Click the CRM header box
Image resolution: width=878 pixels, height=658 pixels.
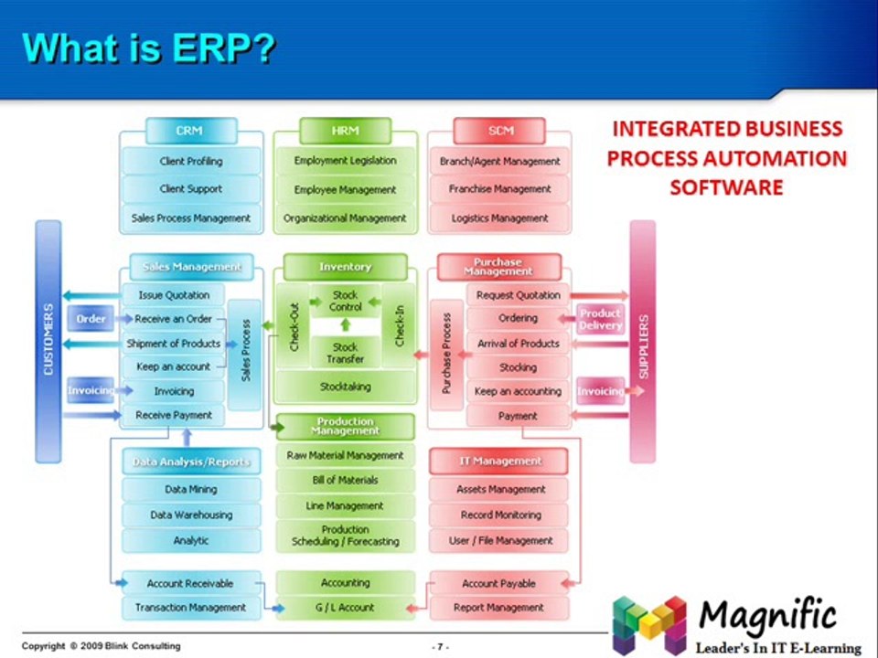(x=189, y=131)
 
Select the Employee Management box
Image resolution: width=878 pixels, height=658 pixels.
(x=345, y=189)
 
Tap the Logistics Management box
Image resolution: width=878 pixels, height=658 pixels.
(x=499, y=218)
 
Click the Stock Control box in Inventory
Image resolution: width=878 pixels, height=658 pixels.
(x=345, y=301)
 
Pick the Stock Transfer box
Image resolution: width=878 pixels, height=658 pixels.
(x=345, y=353)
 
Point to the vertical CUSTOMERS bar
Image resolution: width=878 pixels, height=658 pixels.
(x=48, y=340)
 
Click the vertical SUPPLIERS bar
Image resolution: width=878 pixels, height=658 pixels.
(x=642, y=340)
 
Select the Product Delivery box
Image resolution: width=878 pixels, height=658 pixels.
(x=600, y=319)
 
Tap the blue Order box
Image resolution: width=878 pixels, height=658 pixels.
(x=91, y=319)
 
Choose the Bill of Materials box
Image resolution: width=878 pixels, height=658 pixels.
(x=345, y=480)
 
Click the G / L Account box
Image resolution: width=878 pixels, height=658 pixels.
(x=345, y=607)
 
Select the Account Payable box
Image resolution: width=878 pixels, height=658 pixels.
(x=498, y=583)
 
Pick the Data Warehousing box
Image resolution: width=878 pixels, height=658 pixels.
(x=191, y=515)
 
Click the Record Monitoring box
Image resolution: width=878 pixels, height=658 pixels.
(x=500, y=515)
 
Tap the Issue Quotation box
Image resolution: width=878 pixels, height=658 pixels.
(x=174, y=295)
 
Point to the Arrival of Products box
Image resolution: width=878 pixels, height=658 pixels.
(x=518, y=344)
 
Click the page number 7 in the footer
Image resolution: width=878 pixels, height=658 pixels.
(x=441, y=646)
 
